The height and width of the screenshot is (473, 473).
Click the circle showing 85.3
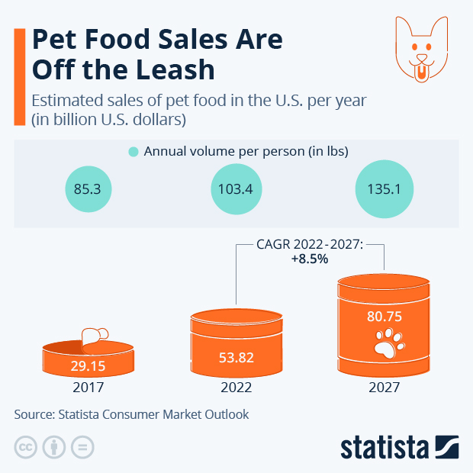coord(88,188)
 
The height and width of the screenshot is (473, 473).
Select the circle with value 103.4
coord(236,188)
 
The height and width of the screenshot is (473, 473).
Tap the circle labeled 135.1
coord(385,188)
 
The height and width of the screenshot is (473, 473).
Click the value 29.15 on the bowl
coord(88,366)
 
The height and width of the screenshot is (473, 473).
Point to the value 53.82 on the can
coord(236,357)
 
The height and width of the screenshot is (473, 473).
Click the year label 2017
coord(88,387)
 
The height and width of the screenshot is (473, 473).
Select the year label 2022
coord(236,387)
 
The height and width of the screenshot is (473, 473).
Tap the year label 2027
coord(385,387)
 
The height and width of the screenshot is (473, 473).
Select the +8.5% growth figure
coord(309,259)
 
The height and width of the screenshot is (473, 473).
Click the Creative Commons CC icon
coord(26,447)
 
